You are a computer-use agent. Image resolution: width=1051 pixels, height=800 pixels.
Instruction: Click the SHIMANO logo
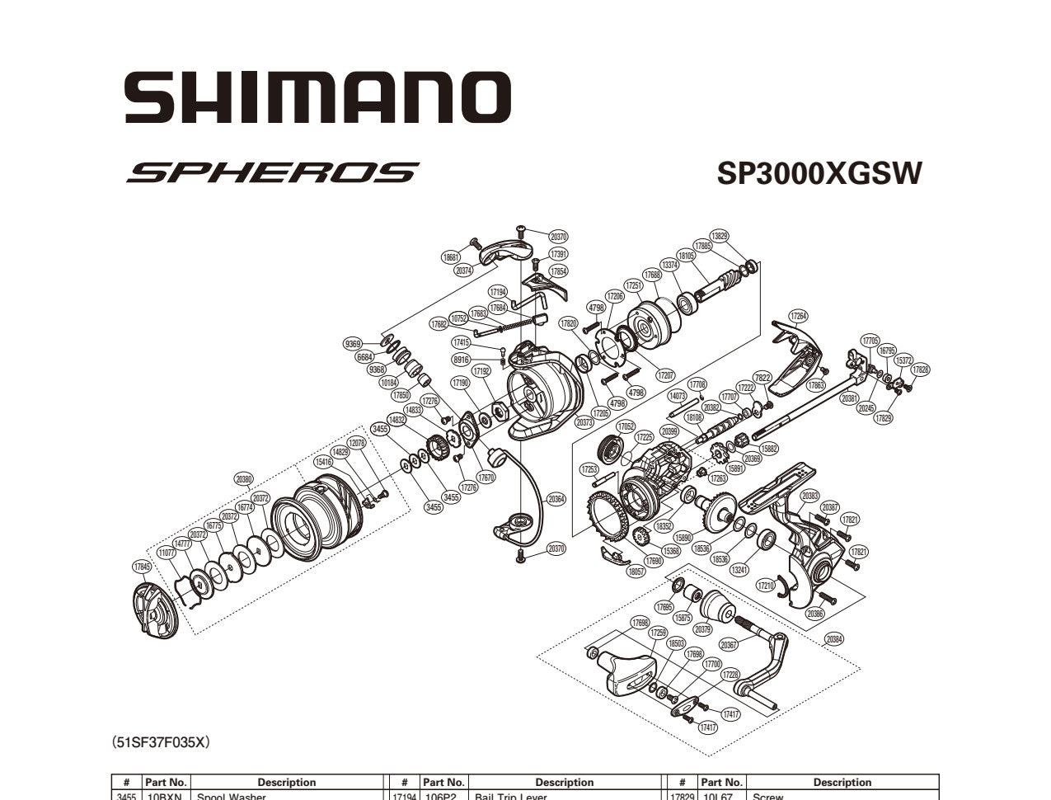tap(317, 96)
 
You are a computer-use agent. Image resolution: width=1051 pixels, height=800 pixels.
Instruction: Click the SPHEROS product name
tap(272, 172)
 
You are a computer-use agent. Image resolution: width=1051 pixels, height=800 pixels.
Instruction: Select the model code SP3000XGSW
tap(819, 174)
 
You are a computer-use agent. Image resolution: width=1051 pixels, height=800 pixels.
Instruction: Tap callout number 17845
tap(142, 567)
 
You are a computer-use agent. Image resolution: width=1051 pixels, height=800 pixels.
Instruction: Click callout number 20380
tap(243, 478)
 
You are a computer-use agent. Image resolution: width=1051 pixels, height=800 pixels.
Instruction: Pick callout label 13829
tap(719, 236)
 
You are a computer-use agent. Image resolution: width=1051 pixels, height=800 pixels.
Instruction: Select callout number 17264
tap(798, 316)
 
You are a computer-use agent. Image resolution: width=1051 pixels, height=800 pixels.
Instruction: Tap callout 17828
tap(920, 369)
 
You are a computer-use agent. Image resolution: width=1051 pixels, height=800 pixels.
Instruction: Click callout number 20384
tap(833, 639)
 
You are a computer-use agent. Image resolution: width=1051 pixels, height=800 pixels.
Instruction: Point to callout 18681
tap(451, 257)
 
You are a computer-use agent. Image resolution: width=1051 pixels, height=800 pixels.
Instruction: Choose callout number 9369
tap(353, 343)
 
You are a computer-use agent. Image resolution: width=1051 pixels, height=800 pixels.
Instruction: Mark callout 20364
tap(556, 499)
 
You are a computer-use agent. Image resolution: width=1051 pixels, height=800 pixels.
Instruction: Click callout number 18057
tap(636, 571)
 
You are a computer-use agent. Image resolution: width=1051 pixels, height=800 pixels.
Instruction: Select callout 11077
tap(167, 553)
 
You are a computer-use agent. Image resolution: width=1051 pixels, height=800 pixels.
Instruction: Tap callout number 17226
tap(730, 675)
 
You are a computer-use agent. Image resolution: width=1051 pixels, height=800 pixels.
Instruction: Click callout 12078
tap(356, 443)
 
